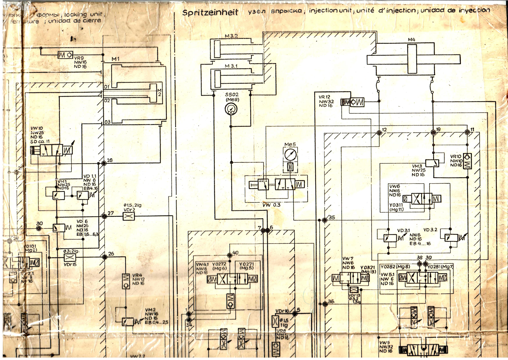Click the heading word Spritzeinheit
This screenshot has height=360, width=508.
(210, 13)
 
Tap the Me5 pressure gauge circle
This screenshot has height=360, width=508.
(290, 154)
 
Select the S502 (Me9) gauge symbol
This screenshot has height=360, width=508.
(232, 109)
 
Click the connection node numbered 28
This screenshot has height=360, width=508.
(104, 163)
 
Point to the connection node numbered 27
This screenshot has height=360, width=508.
(104, 216)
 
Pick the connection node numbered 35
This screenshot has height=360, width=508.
(325, 220)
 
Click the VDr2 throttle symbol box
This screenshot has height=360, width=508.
(129, 216)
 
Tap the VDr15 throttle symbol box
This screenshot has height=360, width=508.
(70, 257)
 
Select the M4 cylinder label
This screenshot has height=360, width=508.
(411, 40)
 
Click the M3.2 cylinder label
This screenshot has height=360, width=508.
(231, 36)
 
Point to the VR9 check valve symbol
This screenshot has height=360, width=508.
(65, 55)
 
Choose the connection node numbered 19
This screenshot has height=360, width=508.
(433, 132)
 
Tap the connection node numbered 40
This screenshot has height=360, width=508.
(230, 256)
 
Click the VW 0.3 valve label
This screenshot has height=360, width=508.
(271, 205)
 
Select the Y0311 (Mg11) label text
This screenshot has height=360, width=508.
(396, 207)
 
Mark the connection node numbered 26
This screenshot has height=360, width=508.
(105, 257)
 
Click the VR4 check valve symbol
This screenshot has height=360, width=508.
(126, 281)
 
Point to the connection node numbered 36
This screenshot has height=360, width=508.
(325, 304)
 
